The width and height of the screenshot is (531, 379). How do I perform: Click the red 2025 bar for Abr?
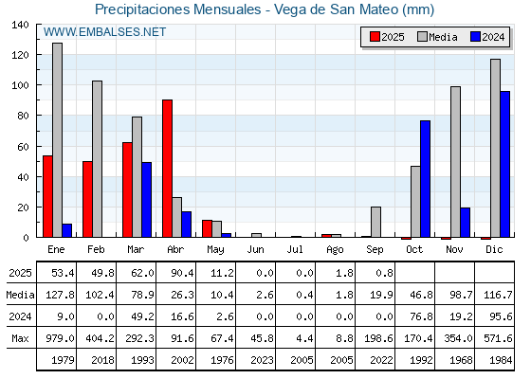[167, 169]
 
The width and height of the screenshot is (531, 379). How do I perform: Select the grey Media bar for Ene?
[57, 140]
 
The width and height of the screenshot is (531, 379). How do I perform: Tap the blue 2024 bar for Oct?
[426, 179]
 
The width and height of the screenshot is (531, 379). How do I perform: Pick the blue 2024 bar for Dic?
[504, 164]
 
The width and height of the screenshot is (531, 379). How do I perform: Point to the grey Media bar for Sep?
[375, 222]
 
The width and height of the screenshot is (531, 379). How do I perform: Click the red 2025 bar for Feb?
[87, 199]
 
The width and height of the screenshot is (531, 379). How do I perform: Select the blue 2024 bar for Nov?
[466, 223]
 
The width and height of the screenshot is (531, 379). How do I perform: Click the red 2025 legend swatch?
[375, 37]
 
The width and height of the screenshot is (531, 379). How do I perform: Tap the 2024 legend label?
[493, 37]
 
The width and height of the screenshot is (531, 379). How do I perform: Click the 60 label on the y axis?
[23, 147]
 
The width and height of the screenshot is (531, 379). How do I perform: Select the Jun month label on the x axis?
[255, 250]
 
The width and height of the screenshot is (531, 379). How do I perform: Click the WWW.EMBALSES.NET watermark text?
[104, 32]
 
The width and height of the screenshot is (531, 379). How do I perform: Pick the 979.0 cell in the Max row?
[61, 338]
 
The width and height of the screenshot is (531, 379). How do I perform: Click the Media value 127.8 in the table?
[61, 295]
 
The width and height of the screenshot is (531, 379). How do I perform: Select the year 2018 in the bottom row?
[103, 360]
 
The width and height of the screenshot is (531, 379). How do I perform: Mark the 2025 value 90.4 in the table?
[182, 273]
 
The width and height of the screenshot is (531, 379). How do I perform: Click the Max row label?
[20, 338]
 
